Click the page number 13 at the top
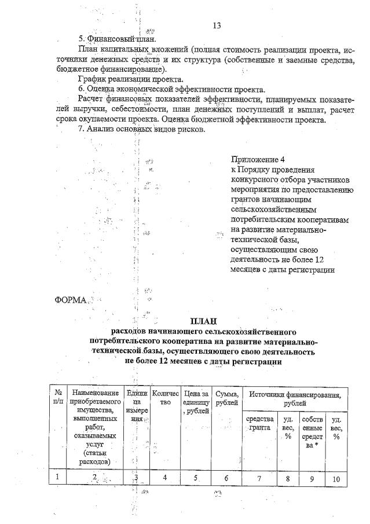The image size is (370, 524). coord(217,25)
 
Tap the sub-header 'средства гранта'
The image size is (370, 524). coord(259,423)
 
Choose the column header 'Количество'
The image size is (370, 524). coord(165,397)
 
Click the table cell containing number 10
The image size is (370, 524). coord(336,479)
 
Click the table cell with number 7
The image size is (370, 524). coord(259,478)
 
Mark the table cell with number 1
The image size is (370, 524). coord(58,477)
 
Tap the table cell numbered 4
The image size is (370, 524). coord(165,478)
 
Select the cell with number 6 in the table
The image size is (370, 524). coord(226,478)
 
